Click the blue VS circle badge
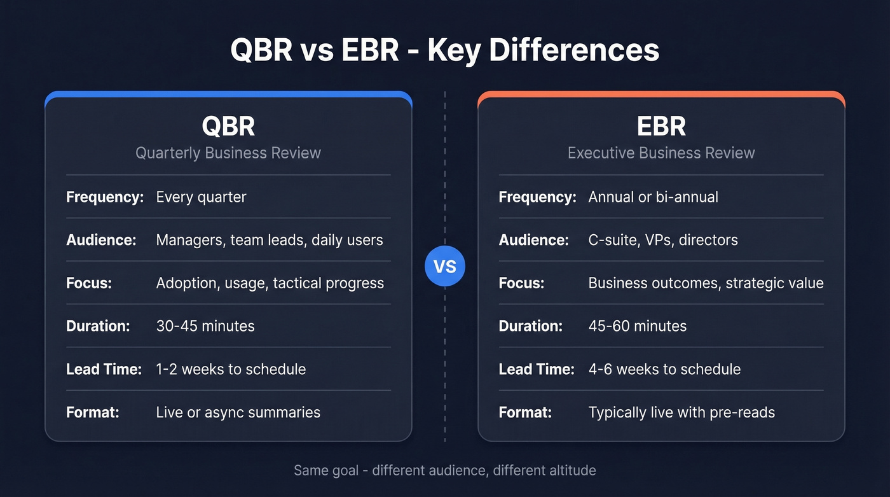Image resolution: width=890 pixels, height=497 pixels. tap(445, 266)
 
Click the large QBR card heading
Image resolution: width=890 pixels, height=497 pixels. tap(228, 126)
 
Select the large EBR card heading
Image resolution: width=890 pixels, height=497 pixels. tap(661, 126)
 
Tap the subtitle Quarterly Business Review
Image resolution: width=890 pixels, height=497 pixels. tap(228, 153)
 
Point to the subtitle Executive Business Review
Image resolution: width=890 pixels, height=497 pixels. tap(661, 153)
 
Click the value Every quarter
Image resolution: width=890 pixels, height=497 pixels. tap(201, 197)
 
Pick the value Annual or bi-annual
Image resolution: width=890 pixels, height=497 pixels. tap(653, 197)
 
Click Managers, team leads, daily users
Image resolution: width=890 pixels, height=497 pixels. tap(270, 240)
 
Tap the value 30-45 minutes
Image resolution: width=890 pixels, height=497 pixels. tap(205, 326)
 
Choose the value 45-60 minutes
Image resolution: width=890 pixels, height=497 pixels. tap(638, 326)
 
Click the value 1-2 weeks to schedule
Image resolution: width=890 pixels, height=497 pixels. tap(231, 369)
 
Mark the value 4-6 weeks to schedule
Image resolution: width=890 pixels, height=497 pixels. tap(664, 369)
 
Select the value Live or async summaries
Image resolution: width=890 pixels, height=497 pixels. tap(238, 412)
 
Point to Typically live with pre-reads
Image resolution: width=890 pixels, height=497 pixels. tap(681, 412)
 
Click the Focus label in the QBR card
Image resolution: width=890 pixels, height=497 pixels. tap(89, 283)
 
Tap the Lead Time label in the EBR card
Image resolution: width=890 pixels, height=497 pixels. tap(537, 369)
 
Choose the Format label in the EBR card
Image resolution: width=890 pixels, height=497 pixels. tap(525, 412)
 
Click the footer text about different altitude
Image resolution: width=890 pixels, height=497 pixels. tap(445, 471)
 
